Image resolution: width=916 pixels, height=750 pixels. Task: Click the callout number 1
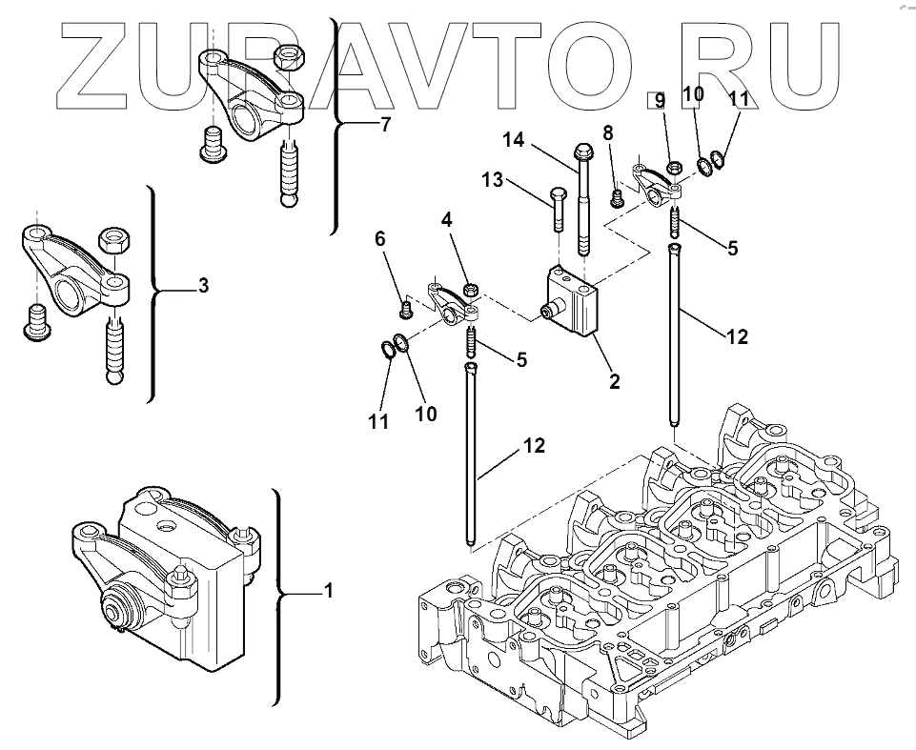(328, 592)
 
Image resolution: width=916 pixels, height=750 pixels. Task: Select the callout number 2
(615, 381)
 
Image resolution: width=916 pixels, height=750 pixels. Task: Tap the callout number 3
(203, 286)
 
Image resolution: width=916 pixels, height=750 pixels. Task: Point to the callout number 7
(385, 124)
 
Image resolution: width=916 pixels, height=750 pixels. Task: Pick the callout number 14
(515, 141)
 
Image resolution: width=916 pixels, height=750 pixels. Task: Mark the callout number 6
(379, 240)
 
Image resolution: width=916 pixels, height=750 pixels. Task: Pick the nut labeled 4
(470, 288)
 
